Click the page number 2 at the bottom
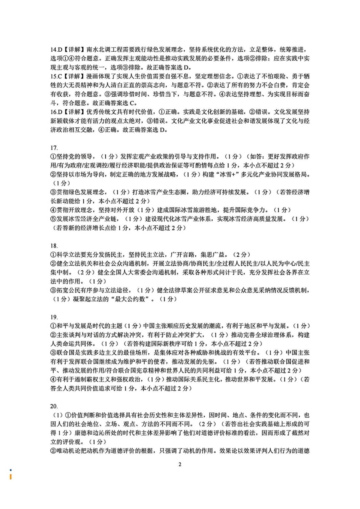pyautogui.click(x=180, y=465)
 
